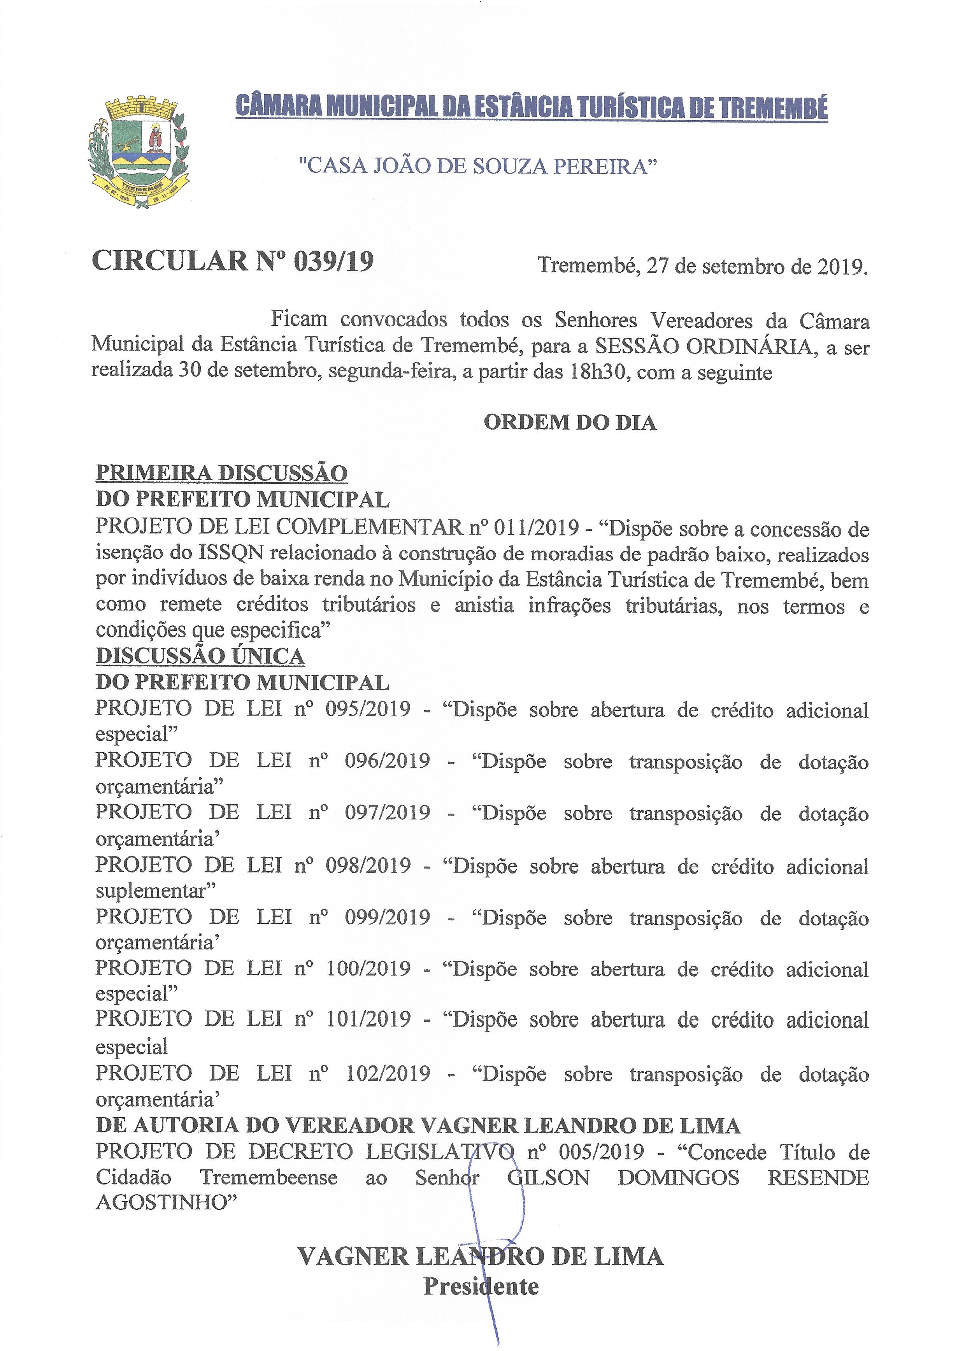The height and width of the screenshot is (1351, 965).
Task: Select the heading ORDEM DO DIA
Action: [570, 423]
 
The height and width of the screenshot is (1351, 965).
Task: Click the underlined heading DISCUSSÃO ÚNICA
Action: [200, 656]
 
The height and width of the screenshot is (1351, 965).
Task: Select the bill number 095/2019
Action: [368, 709]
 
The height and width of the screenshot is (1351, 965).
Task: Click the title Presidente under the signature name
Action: [481, 1287]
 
